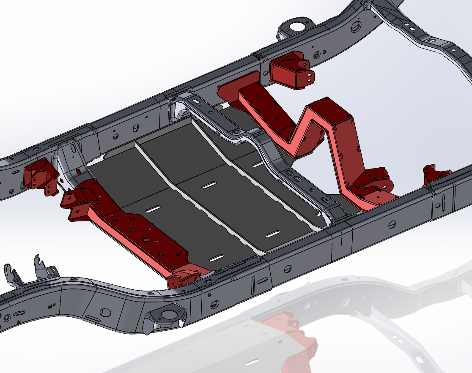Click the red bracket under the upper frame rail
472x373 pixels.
[290, 70]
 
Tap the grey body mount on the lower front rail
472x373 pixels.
[167, 317]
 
